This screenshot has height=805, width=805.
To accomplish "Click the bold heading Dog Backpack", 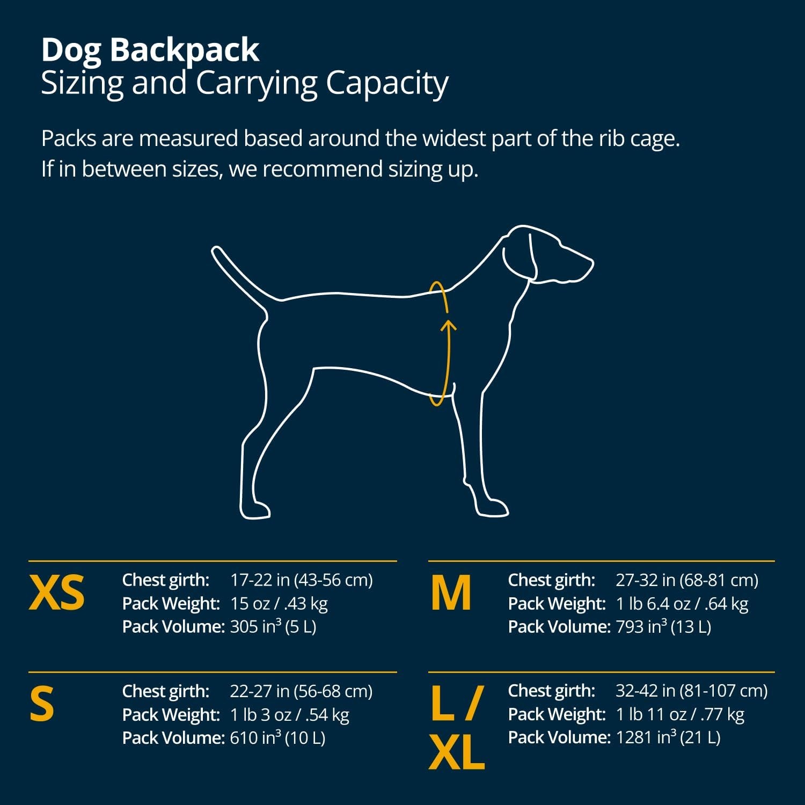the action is tap(150, 50).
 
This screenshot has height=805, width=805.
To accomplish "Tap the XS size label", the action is tap(57, 593).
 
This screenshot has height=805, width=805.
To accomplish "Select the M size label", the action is tap(451, 593).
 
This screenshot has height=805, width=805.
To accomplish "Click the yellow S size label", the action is tap(42, 704).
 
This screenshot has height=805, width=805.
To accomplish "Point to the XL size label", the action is tap(457, 752).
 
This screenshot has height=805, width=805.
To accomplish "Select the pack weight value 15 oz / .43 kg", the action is tap(279, 604).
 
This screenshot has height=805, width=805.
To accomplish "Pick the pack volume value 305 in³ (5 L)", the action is tap(273, 627).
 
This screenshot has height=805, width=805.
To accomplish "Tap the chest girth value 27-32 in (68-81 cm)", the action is tap(687, 580).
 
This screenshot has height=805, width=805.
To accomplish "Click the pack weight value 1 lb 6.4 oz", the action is tap(652, 604).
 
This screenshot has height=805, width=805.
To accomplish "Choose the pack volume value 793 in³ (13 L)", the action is tap(663, 627).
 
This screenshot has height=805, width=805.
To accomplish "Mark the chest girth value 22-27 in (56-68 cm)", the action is tap(301, 691).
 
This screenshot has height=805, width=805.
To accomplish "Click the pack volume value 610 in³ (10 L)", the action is tap(277, 738).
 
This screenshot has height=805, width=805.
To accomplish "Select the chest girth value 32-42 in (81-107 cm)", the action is tap(691, 691).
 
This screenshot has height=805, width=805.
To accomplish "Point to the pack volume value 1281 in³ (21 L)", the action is tap(668, 737).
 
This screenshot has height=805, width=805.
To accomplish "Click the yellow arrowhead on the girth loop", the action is tap(450, 325).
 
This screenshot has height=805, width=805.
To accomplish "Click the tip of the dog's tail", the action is tap(216, 250).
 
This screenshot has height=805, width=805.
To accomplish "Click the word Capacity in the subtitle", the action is tap(387, 84).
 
